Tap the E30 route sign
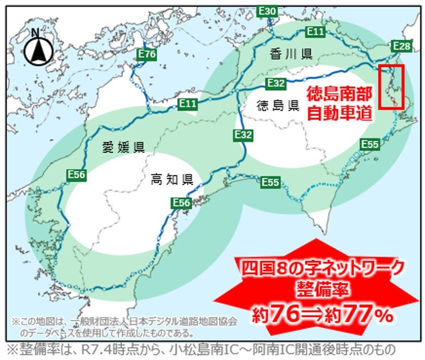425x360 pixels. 267,10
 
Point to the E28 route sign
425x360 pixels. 401,46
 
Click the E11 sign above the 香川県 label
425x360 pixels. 316,32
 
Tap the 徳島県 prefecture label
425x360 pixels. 278,105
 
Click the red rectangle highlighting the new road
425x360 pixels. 391,87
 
